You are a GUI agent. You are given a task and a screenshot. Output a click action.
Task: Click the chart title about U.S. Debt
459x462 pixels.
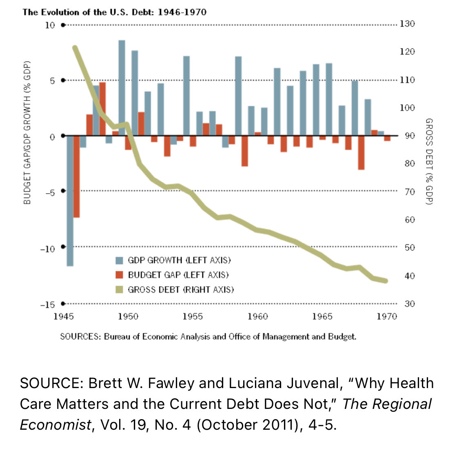coord(115,12)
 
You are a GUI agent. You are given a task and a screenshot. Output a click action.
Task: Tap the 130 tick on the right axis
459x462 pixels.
coord(407,24)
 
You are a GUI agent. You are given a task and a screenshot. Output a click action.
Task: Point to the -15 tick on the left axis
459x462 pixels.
coord(48,305)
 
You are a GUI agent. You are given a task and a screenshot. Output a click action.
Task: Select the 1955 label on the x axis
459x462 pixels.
coord(193,317)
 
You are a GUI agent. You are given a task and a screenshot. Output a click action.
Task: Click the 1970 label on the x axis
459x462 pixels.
coord(387,317)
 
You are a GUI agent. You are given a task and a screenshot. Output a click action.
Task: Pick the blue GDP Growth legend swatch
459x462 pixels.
coord(119,260)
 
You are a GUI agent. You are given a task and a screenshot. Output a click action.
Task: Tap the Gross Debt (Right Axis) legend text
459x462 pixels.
coord(181,290)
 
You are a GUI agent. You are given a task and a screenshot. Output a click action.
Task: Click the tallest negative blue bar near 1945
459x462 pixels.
coord(70,201)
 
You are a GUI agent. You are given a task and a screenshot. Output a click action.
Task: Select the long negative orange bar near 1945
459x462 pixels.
coord(77,176)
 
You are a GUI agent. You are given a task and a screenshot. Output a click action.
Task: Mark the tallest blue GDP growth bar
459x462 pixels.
coord(122,88)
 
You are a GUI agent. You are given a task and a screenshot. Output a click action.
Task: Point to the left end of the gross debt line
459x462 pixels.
coord(75,48)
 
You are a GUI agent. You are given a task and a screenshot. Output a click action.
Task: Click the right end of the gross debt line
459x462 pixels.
coord(386,281)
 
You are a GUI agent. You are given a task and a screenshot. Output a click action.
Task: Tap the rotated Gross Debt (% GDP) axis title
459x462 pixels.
coord(429,161)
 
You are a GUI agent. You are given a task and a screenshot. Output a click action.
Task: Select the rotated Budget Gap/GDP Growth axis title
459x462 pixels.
coord(27,133)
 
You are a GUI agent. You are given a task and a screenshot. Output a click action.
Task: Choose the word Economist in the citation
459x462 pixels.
coord(55,425)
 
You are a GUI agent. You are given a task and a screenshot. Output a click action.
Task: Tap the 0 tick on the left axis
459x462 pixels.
coord(52,137)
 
